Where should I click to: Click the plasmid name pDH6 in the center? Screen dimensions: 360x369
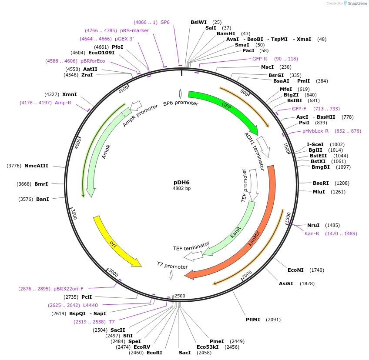click(x=181, y=182)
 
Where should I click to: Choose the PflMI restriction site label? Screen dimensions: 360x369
click(x=253, y=320)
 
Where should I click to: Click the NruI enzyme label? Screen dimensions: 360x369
click(x=313, y=225)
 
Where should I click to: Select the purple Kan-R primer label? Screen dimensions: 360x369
click(x=312, y=233)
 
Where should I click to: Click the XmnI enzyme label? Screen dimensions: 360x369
click(x=70, y=94)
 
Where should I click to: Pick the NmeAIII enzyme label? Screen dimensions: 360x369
click(x=36, y=166)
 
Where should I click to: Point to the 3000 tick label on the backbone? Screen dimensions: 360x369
click(x=113, y=273)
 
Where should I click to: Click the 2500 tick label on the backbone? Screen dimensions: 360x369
click(x=180, y=296)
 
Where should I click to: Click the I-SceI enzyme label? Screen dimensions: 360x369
click(x=315, y=144)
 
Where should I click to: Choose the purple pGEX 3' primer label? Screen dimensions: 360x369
click(x=124, y=39)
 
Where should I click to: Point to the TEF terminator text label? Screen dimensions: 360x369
click(x=191, y=246)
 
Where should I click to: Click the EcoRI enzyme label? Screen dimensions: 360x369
click(x=154, y=353)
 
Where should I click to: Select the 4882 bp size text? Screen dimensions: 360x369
click(x=181, y=188)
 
